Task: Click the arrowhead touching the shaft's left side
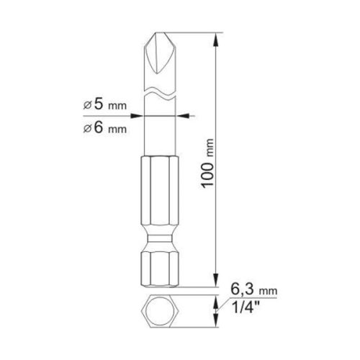[x=141, y=113]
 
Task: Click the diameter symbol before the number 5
[x=87, y=104]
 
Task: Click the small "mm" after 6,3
[x=269, y=289]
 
